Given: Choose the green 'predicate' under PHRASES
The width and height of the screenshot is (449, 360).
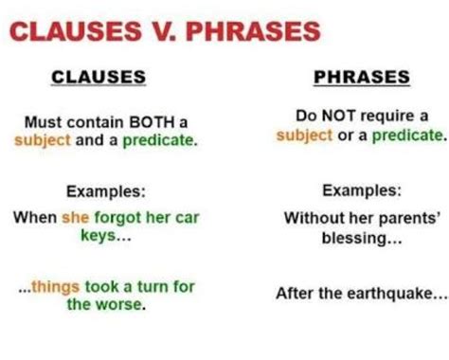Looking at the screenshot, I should click(x=408, y=135).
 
